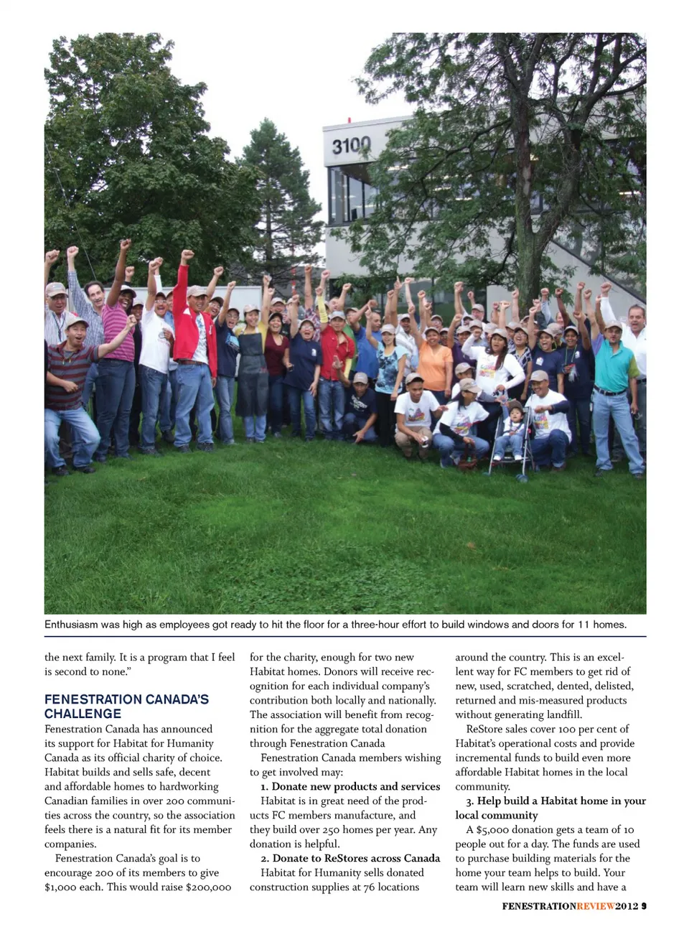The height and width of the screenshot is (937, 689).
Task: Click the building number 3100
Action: point(351,146)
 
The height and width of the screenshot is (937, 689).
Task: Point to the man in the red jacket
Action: point(194,337)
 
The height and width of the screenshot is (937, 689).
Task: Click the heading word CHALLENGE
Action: point(83,714)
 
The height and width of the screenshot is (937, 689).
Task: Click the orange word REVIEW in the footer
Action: point(595,906)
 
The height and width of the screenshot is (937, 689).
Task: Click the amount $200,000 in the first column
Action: point(208,887)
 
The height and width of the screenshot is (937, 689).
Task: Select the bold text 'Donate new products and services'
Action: point(356,786)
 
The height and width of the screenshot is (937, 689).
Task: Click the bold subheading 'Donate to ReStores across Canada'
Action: point(356,858)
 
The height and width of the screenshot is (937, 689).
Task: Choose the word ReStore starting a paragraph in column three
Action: point(484,729)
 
